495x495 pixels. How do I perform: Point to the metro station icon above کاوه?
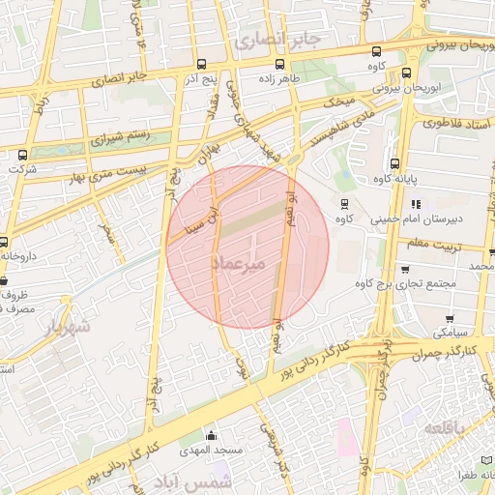click(x=344, y=203)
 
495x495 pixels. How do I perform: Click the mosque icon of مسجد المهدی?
click(x=211, y=435)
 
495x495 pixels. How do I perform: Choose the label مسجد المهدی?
click(x=210, y=451)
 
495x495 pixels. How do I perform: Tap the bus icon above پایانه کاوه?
click(x=394, y=163)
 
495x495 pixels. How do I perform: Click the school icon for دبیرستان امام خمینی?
click(x=417, y=204)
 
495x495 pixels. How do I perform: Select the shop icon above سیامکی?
click(x=450, y=317)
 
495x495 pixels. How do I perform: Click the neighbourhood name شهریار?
click(x=68, y=328)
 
